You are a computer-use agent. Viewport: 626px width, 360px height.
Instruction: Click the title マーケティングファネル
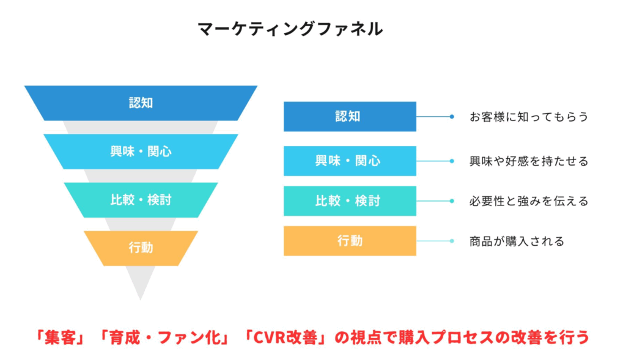(x=290, y=29)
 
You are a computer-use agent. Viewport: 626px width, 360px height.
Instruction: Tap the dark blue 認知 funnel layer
(x=141, y=103)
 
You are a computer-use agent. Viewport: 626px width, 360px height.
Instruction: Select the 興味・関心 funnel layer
(x=141, y=152)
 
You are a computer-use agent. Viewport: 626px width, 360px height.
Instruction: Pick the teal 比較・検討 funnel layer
(x=141, y=200)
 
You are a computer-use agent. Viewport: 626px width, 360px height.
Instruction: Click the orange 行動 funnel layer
(x=141, y=248)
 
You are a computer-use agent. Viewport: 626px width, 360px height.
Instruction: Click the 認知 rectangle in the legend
(x=350, y=117)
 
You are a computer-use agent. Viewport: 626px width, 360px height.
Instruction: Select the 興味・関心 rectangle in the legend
(x=350, y=161)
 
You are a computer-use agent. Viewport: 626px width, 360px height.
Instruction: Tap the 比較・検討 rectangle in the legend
(x=350, y=200)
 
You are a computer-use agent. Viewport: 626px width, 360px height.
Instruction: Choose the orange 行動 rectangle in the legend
(x=350, y=241)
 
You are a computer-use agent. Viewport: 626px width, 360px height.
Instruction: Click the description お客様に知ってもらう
(x=529, y=117)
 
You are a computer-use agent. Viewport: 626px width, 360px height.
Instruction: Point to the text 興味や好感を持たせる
(x=529, y=161)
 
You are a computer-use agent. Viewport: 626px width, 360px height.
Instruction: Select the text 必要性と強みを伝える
(x=529, y=201)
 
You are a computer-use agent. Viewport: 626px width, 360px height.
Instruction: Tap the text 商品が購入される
(x=517, y=241)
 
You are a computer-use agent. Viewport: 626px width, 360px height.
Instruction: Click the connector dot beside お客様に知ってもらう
(x=452, y=117)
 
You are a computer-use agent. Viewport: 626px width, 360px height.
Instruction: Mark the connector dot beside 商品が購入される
(x=452, y=241)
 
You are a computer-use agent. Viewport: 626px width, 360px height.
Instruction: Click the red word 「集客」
(x=60, y=337)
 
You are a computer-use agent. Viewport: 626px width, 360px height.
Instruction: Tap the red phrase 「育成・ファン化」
(x=164, y=337)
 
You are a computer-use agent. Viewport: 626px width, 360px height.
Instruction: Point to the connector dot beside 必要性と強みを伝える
(x=452, y=200)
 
